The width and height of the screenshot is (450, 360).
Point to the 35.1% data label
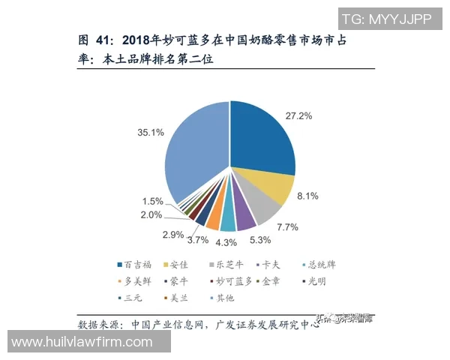click(151, 133)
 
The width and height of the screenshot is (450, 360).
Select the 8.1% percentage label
click(307, 196)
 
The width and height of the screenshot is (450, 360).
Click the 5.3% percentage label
click(260, 240)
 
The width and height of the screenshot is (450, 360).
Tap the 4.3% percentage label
click(226, 242)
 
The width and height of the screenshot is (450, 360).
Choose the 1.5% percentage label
click(152, 201)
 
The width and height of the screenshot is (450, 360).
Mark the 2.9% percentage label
click(172, 235)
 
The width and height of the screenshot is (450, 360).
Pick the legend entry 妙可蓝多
click(233, 281)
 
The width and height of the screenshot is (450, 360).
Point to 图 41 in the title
click(94, 40)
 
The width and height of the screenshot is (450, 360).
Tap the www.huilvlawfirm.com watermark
click(82, 342)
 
